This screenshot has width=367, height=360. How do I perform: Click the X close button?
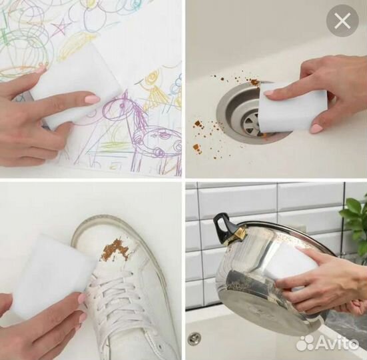(342, 21)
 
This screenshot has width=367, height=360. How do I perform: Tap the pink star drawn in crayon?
(62, 27)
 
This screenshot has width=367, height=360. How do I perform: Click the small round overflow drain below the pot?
(194, 338)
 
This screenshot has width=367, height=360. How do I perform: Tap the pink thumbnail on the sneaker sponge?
(83, 299)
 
